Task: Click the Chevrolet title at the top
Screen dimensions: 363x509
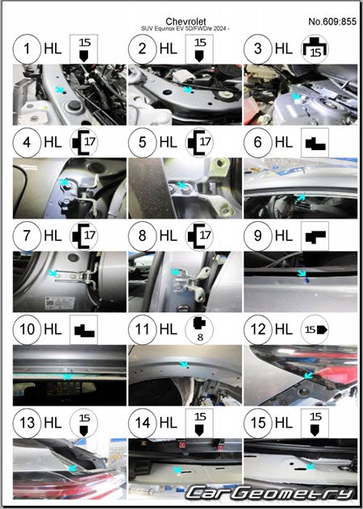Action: (186, 22)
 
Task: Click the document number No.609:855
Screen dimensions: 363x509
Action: (332, 22)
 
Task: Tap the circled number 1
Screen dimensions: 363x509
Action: (27, 49)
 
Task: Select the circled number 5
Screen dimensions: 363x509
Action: (142, 143)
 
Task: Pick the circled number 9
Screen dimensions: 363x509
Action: (258, 236)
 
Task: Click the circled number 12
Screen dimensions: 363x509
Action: (258, 329)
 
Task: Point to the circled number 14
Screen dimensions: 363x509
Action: (142, 423)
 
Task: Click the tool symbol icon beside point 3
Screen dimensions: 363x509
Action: (315, 49)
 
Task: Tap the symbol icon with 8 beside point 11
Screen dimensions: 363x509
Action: (199, 329)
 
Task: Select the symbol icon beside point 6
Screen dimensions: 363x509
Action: (315, 143)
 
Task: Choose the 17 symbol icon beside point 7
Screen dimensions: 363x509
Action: (83, 236)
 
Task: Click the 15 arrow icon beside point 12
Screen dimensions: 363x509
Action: (315, 329)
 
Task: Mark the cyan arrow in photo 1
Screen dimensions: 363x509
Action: (59, 90)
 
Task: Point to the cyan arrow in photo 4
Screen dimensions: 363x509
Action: (64, 183)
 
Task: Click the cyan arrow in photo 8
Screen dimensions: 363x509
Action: (175, 272)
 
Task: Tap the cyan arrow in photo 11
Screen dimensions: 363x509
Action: (184, 365)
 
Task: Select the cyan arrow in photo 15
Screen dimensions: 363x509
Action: (311, 466)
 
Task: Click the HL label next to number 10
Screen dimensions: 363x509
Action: (52, 329)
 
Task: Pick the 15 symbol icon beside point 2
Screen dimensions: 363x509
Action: (199, 49)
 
